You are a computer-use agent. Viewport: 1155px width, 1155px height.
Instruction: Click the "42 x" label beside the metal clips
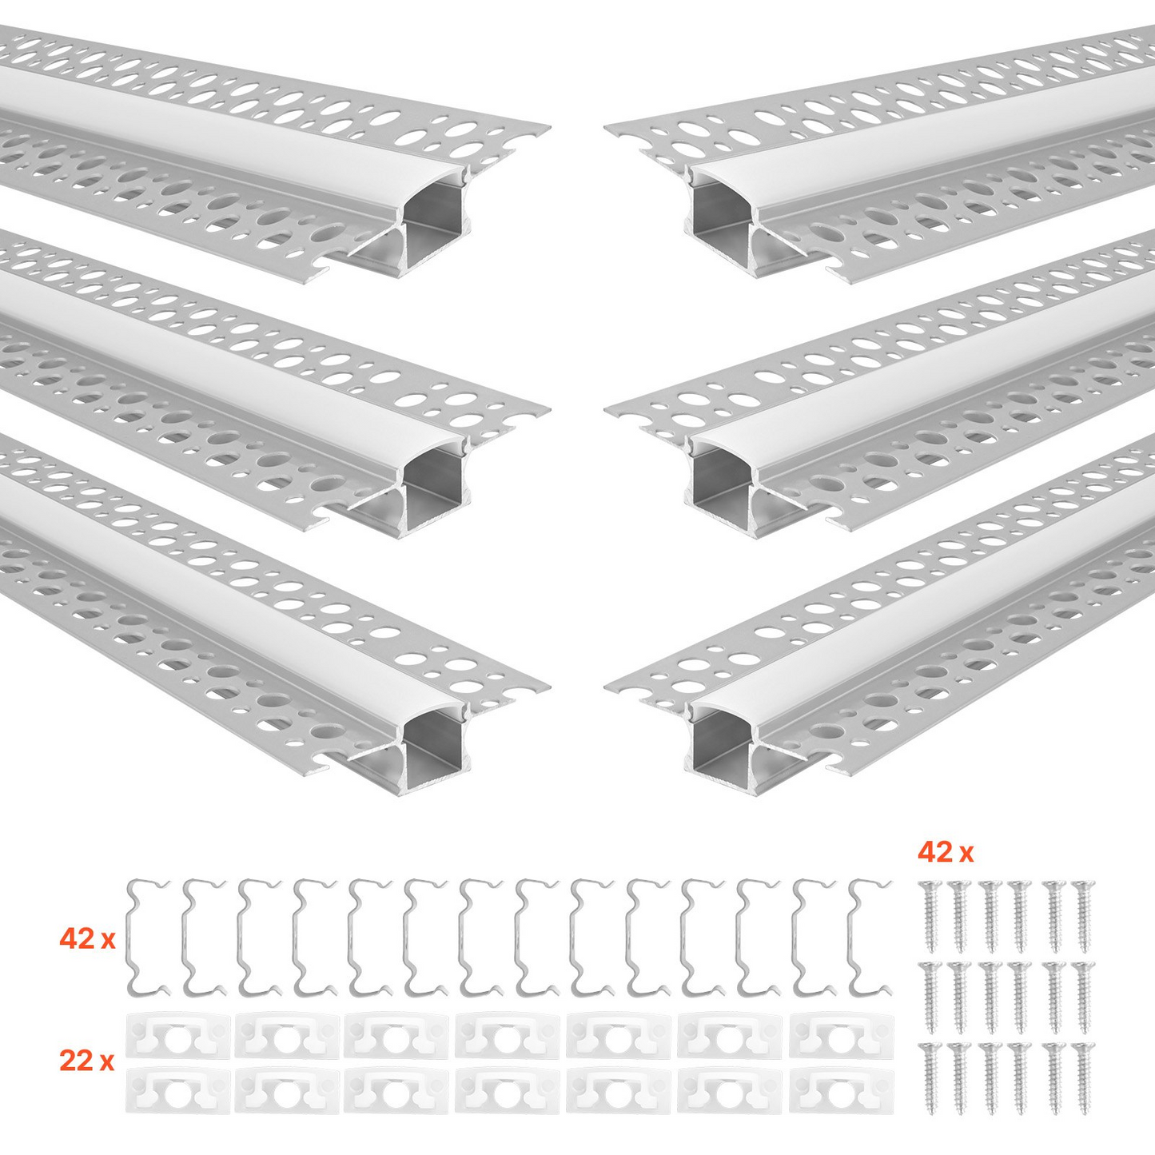point(87,939)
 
